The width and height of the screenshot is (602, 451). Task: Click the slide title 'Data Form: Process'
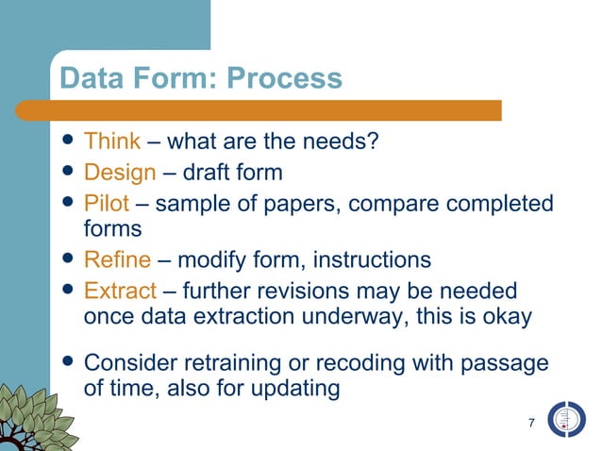click(199, 78)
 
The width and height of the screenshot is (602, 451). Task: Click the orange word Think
click(112, 142)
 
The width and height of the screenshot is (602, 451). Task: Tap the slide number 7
click(532, 422)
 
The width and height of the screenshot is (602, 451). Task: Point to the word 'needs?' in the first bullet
click(345, 142)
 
